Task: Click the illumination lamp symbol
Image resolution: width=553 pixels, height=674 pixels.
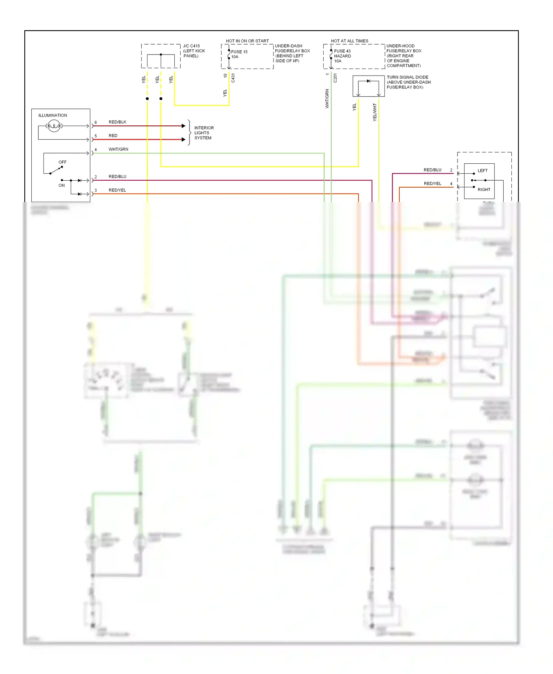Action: [54, 126]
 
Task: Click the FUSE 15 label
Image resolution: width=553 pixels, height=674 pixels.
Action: [239, 52]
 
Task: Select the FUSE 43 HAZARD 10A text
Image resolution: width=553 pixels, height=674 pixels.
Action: [342, 56]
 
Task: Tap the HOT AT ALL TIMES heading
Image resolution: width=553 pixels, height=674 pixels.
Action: [349, 41]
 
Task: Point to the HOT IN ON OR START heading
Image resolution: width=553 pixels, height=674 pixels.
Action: [247, 41]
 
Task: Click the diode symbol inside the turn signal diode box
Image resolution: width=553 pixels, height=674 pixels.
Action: [368, 81]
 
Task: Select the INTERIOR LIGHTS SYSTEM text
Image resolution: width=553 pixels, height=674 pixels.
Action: [204, 133]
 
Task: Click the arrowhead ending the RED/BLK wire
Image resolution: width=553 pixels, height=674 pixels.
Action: [184, 126]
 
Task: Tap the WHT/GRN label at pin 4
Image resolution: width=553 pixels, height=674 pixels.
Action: [118, 149]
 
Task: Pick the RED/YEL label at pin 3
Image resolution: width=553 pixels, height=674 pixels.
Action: [117, 190]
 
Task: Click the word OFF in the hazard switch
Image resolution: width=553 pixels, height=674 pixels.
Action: [62, 162]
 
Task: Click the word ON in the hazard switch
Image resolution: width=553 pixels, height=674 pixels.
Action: [62, 185]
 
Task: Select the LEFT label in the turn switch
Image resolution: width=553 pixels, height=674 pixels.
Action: [482, 171]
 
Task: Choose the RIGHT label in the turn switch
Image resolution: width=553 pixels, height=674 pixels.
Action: [484, 190]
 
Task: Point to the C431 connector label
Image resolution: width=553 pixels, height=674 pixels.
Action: [233, 78]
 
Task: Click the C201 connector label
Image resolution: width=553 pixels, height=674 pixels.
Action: [335, 78]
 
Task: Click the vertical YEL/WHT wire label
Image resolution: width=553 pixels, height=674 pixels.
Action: [375, 112]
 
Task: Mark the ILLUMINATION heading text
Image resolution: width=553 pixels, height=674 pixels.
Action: [53, 115]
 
